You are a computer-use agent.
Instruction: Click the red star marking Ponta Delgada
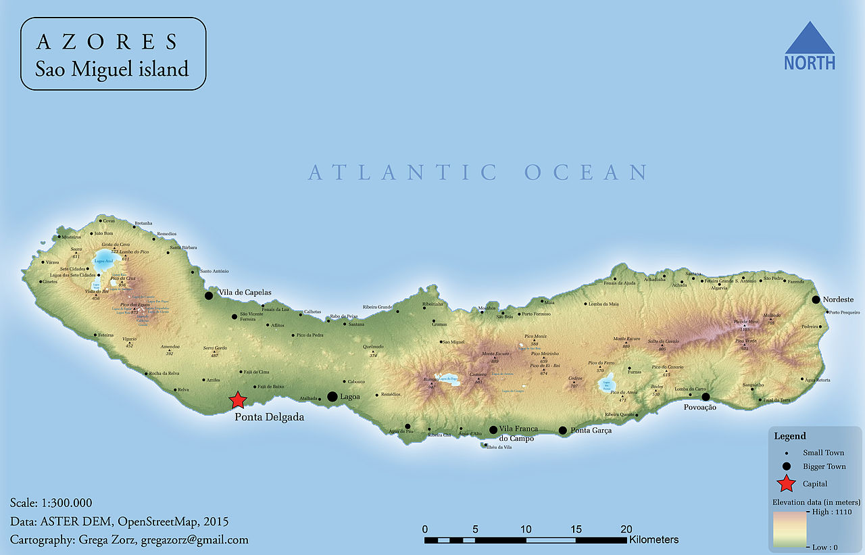pos(237,400)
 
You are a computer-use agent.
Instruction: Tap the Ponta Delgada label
pos(269,417)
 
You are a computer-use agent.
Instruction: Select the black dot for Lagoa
pos(332,397)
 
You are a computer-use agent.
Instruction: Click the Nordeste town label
pos(838,299)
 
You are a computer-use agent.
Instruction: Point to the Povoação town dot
pos(706,397)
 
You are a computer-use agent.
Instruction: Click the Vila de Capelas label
pos(245,292)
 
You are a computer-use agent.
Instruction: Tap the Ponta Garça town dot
pos(562,431)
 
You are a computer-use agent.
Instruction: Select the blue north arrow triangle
pos(810,39)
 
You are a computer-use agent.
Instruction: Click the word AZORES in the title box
pos(106,42)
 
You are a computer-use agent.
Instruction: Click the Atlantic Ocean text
pos(478,172)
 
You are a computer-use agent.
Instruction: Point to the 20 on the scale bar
pos(626,529)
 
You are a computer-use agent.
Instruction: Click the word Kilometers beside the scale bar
pos(653,539)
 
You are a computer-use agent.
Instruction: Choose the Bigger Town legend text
pos(824,466)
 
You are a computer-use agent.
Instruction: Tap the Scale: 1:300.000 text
pos(51,503)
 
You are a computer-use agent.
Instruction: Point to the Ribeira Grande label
pos(377,306)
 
